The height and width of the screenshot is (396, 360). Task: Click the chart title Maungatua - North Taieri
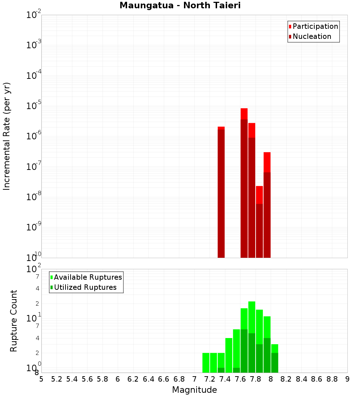[180, 5]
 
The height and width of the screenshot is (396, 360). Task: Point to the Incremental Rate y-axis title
[7, 136]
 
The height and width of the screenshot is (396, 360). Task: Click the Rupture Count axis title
[14, 321]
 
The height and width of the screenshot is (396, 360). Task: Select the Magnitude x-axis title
[194, 390]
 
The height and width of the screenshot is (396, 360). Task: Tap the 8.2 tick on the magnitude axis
[286, 379]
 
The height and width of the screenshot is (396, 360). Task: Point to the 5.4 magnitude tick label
[72, 379]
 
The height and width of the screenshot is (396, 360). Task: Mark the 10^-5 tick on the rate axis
[33, 105]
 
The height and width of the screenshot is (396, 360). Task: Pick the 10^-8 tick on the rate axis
[33, 197]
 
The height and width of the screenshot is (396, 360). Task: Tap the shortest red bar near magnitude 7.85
[259, 221]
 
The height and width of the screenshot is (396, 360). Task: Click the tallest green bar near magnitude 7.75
[252, 337]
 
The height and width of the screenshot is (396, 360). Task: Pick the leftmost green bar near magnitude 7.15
[206, 363]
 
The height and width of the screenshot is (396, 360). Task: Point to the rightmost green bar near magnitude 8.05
[275, 358]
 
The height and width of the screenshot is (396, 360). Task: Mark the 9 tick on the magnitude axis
[347, 379]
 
